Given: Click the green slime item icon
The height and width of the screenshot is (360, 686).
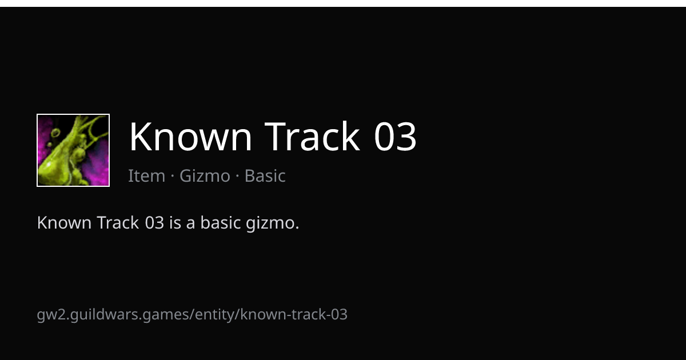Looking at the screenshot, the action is (x=73, y=150).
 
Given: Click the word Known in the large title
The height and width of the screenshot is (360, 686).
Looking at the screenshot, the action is (x=190, y=136).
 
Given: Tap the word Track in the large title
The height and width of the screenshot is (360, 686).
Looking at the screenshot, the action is (x=312, y=136).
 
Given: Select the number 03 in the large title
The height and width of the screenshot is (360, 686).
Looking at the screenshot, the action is (x=395, y=136).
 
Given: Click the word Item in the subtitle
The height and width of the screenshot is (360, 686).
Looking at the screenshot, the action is (x=147, y=176).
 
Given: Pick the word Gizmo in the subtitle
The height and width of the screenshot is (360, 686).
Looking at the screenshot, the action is (x=205, y=177).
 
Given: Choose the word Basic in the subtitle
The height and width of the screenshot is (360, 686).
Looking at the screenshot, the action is (x=265, y=176).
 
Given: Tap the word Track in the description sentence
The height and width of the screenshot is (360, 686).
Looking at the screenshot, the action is (x=118, y=222).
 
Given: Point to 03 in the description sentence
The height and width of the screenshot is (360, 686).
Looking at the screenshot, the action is (x=155, y=222).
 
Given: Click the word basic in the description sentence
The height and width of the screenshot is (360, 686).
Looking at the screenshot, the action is (x=220, y=222).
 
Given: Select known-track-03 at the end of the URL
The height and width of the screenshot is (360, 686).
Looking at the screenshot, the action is (x=294, y=314).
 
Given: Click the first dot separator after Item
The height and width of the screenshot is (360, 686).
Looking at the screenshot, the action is (x=173, y=177).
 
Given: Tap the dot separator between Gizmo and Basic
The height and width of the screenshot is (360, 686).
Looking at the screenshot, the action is (x=237, y=177).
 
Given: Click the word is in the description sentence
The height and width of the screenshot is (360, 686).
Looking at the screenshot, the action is (x=175, y=222).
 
